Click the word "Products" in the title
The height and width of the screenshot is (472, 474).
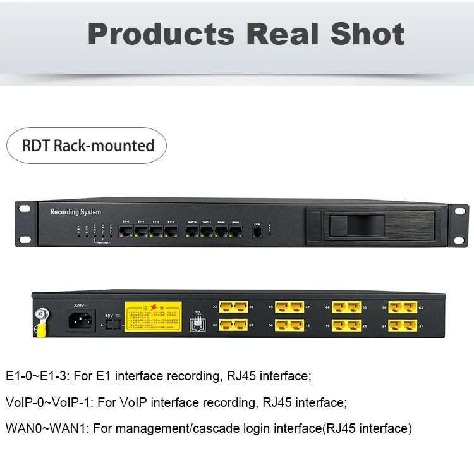pos(161,34)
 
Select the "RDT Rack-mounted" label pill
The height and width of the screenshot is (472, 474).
pos(87,146)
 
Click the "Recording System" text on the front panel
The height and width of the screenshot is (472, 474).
pos(75,212)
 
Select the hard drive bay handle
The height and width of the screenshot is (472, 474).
pos(354,225)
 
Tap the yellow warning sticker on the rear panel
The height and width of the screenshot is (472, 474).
pos(153,316)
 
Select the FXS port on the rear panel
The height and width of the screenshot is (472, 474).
pos(197,324)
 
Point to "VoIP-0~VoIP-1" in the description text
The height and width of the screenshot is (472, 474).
pos(42,402)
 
